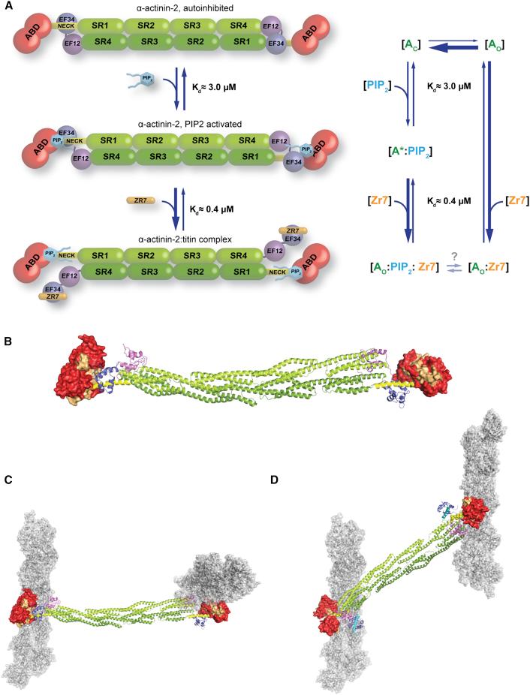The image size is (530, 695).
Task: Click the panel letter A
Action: coord(9,8)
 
